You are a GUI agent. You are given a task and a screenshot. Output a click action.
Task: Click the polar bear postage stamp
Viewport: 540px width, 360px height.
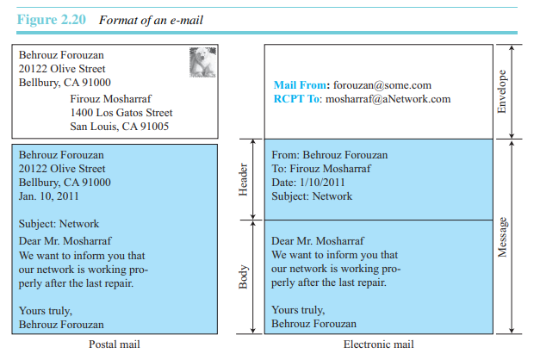point(202,62)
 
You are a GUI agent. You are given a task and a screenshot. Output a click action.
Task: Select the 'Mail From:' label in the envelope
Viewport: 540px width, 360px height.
point(301,85)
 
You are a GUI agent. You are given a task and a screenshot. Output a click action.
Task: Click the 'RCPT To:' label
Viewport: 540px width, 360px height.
point(297,99)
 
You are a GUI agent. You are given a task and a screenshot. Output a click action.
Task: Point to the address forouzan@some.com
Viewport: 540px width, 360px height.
point(382,85)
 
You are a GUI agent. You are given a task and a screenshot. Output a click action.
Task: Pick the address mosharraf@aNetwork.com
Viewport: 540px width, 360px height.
point(388,99)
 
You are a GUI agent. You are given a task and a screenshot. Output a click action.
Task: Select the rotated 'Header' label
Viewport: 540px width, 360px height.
point(243,180)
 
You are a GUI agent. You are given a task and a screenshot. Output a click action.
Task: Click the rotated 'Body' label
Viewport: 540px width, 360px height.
point(243,276)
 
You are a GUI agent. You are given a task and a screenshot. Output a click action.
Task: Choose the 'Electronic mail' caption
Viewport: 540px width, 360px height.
point(378,344)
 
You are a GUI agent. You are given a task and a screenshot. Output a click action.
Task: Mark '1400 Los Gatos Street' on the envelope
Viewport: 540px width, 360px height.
point(121,113)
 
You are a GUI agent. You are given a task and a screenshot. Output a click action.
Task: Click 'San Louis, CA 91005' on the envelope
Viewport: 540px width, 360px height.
point(119,127)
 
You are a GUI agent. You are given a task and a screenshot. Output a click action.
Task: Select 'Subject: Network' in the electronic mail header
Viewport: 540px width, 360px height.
point(312,196)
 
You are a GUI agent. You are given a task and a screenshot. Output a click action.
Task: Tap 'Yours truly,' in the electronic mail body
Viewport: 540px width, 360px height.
point(298,310)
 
